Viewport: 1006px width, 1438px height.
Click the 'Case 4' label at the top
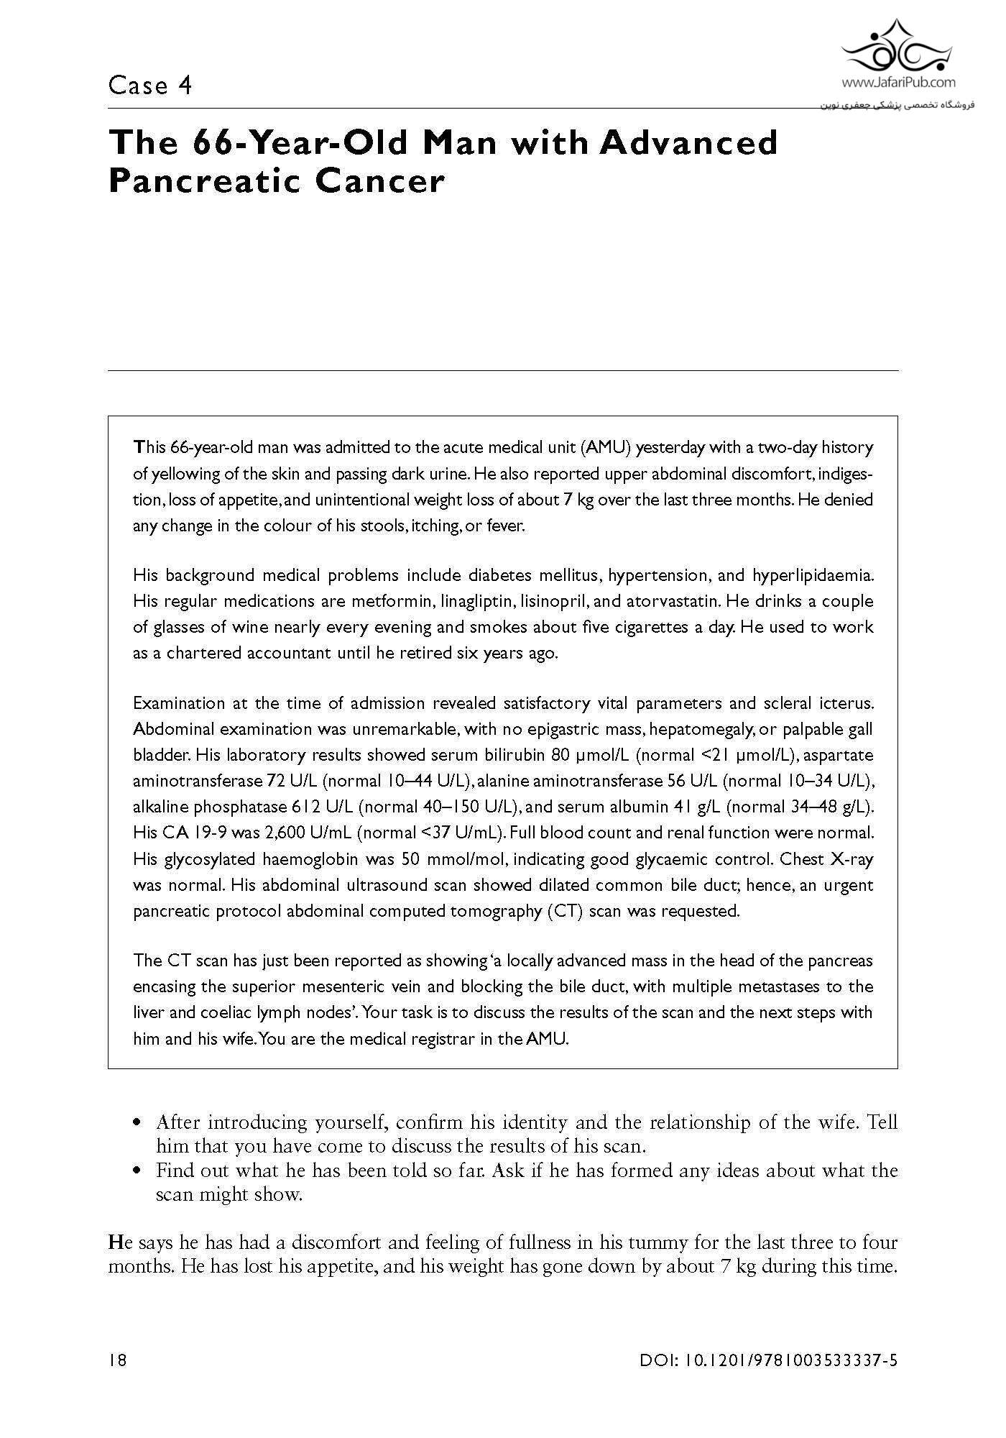coord(150,86)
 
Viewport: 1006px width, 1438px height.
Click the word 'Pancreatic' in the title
coord(201,181)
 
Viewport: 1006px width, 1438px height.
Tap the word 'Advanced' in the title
coord(688,142)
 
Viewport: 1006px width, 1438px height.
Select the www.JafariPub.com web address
coord(897,82)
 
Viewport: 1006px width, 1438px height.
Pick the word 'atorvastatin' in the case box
coord(677,600)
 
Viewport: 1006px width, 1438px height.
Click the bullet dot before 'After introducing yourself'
coord(137,1123)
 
